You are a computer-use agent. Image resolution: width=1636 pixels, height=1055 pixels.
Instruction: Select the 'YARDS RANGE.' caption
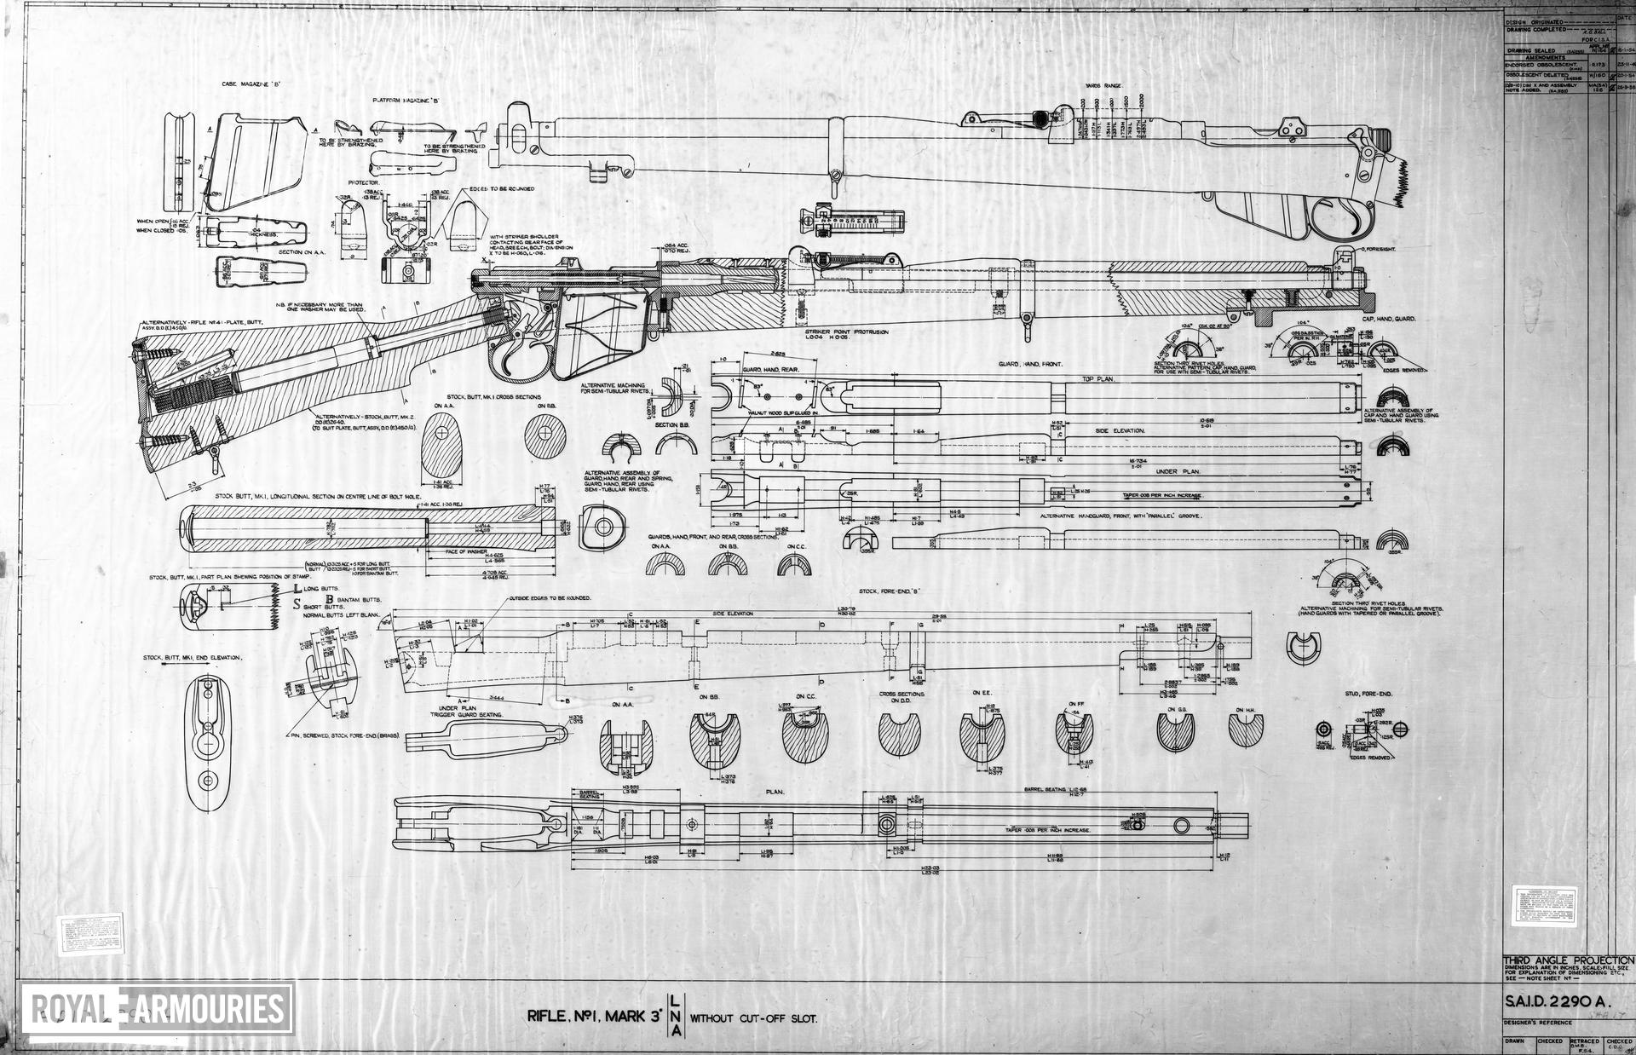coord(1104,86)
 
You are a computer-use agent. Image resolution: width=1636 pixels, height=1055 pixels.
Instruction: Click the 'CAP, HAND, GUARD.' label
coord(1388,319)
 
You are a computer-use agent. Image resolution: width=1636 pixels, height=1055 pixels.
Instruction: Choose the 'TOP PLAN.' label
coord(1098,378)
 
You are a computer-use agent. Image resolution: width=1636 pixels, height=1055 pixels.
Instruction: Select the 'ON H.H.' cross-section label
coord(1244,708)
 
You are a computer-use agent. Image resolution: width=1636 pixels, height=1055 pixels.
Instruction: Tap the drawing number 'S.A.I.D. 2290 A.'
coord(1555,1004)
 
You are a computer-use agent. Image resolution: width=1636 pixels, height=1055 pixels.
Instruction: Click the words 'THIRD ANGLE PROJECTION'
coord(1568,960)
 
